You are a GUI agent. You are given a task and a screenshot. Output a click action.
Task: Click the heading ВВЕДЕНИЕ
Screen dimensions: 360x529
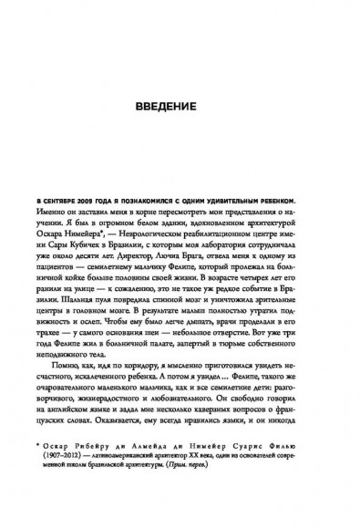[x=180, y=105]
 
